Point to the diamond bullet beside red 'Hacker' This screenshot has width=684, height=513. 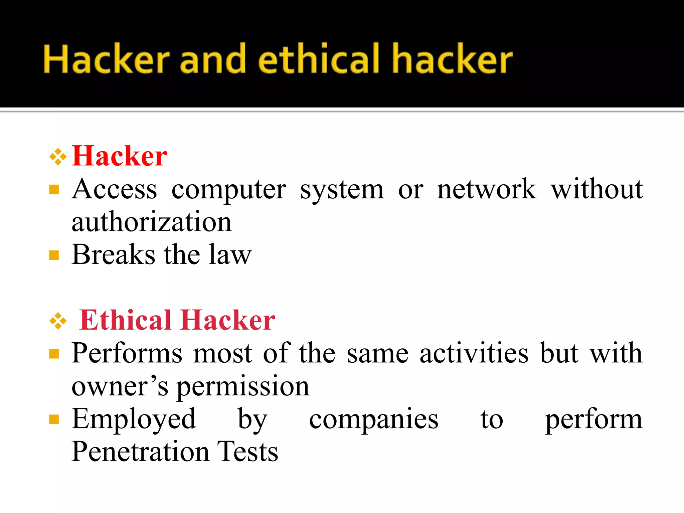58,156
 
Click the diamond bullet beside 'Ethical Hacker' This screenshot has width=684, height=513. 58,321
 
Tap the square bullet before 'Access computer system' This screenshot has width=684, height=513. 54,190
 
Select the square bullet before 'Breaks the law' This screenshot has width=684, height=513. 54,255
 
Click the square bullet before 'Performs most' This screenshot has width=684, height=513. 54,354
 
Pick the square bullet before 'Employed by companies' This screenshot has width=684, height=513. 54,419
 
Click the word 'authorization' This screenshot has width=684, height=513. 152,222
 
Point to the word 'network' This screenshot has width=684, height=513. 487,189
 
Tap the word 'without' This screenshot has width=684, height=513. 597,189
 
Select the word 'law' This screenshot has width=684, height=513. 230,254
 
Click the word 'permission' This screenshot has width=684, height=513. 243,386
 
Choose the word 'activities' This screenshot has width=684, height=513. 474,353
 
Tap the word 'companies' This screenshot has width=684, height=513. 373,419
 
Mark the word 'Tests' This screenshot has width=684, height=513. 247,452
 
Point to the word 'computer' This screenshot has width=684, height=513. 229,190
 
